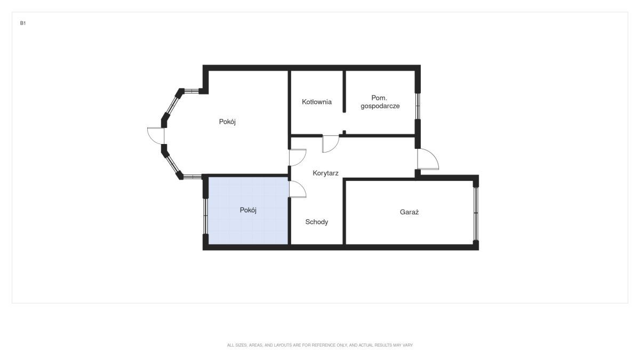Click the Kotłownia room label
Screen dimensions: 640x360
point(317,102)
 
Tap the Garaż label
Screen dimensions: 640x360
point(409,212)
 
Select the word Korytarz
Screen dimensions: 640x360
point(325,173)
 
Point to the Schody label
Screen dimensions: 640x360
point(317,222)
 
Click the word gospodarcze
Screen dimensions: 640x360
point(380,106)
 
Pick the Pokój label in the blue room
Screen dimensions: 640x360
point(248,210)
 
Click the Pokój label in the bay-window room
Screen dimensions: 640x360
point(227,122)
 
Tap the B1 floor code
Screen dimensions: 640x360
point(23,23)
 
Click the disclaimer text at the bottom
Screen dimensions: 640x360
point(319,345)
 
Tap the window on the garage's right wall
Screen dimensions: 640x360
point(476,214)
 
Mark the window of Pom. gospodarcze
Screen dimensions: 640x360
point(418,106)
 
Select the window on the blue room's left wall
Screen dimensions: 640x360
point(205,216)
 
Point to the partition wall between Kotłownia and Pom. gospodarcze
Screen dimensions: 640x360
point(345,91)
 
